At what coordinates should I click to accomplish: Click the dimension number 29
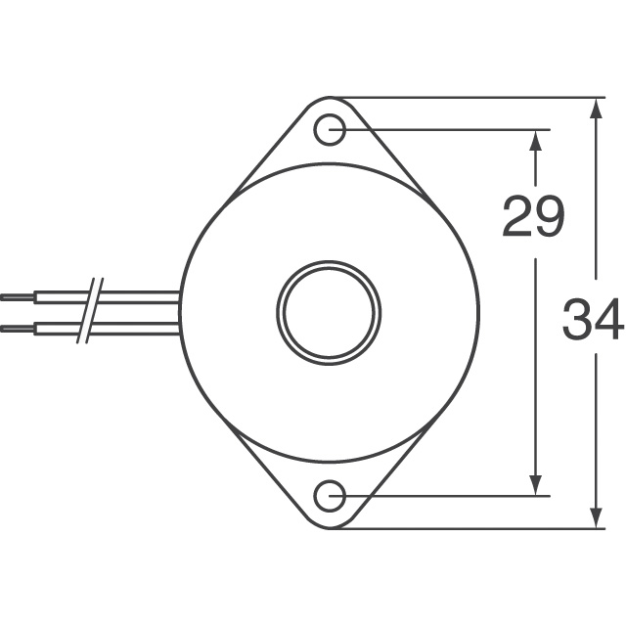coord(533,216)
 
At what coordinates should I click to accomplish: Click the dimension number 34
coord(593,319)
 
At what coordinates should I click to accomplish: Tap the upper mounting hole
coord(330,130)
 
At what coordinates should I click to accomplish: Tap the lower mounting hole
coord(330,496)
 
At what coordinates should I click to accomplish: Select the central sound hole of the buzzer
coord(329,313)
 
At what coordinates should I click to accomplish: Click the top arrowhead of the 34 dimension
coord(596,108)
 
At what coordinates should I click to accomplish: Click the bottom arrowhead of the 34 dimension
coord(596,517)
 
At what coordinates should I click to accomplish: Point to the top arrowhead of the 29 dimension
coord(535,141)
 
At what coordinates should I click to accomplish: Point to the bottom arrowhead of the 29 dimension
coord(535,485)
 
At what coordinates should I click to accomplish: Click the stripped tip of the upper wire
coord(18,297)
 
